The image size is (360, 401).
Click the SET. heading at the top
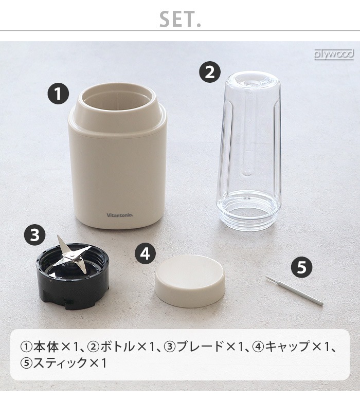(x=180, y=19)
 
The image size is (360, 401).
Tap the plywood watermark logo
(x=334, y=54)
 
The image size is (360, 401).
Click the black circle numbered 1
(x=58, y=94)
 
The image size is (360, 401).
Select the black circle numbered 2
(x=209, y=72)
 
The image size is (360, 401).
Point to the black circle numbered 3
(x=34, y=235)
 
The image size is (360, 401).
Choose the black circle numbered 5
(x=302, y=267)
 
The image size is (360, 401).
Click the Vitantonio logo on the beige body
(x=120, y=215)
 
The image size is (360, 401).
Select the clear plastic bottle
(x=249, y=150)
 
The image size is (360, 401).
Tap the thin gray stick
(x=294, y=290)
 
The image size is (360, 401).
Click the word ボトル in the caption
(x=117, y=347)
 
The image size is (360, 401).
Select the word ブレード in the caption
(x=200, y=347)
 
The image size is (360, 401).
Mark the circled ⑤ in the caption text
(x=26, y=363)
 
